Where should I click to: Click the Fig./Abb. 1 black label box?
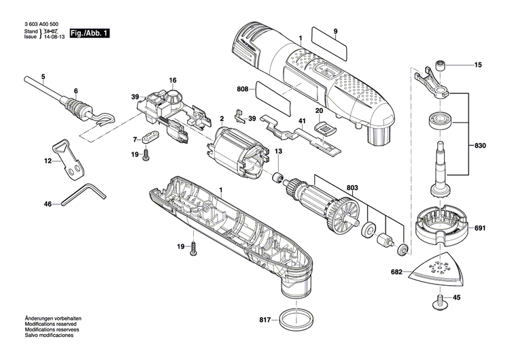(x=88, y=33)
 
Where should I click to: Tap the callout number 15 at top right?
(x=478, y=66)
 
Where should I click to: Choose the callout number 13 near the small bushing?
(x=277, y=151)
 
